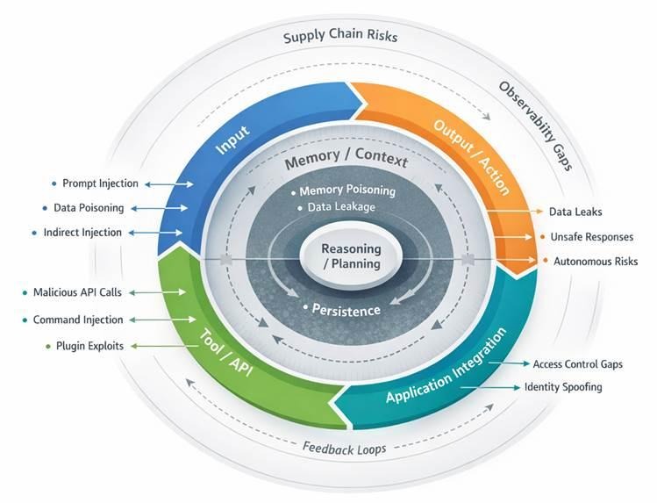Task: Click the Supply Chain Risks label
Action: [340, 38]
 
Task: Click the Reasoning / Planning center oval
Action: [351, 255]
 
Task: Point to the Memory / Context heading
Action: [346, 162]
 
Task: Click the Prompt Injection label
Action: [100, 183]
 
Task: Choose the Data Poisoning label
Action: [89, 208]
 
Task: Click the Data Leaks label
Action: [575, 212]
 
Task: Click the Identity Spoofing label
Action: [563, 387]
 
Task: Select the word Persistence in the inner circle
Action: [346, 310]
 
